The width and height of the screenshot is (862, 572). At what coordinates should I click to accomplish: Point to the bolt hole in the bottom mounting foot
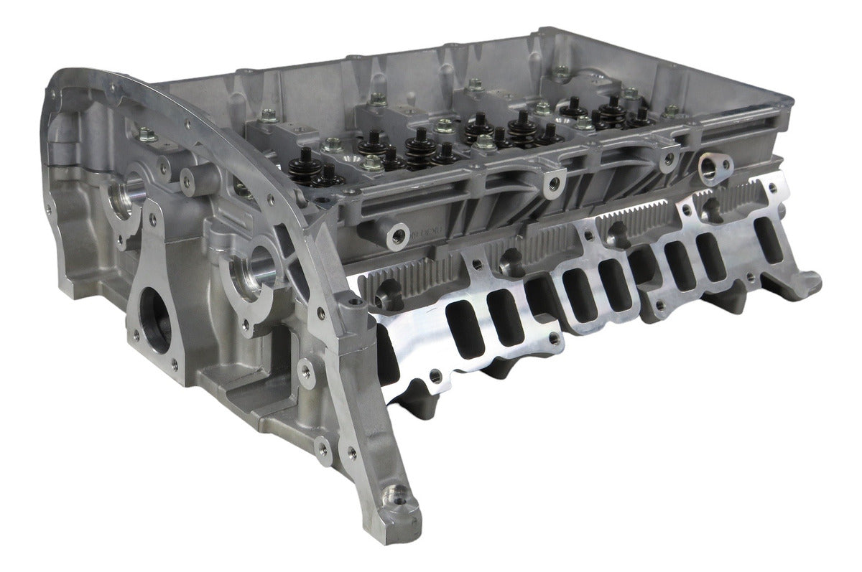[394, 494]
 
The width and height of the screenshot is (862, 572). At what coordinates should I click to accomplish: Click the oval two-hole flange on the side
[713, 167]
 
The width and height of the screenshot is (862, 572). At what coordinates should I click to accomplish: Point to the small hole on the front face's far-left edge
[53, 209]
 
